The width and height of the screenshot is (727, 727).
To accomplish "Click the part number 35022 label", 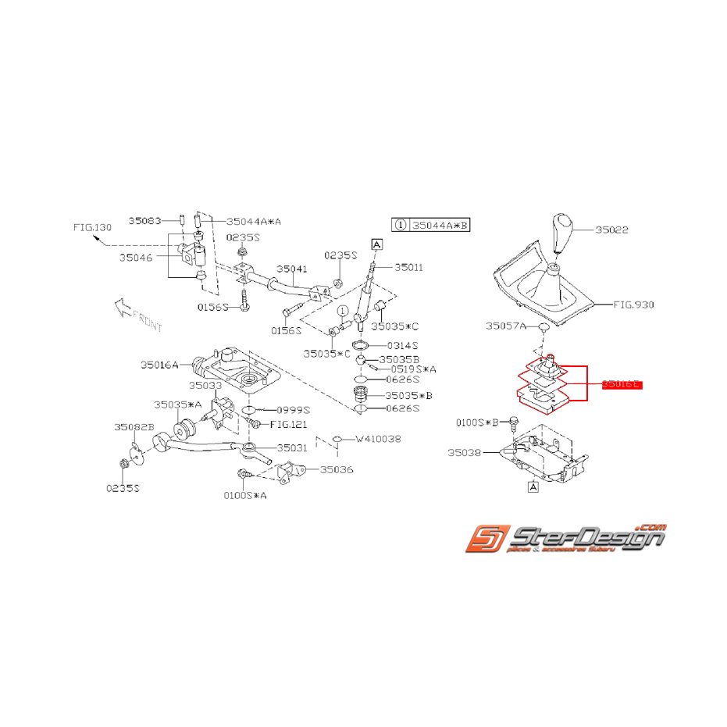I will point(611,230).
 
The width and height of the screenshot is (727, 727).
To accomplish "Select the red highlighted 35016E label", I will point(622,385).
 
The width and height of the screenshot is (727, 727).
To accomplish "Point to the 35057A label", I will point(506,326).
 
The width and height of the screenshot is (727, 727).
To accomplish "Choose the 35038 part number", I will point(467,452).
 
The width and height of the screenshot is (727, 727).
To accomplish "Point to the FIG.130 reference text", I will point(93,227).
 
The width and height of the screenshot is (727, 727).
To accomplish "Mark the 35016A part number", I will point(160,364).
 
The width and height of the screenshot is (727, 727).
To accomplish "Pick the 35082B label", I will point(134,427).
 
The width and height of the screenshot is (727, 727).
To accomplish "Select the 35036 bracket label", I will point(337,470).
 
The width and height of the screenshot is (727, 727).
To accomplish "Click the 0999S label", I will point(294,409).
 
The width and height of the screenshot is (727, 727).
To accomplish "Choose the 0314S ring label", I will point(403,344).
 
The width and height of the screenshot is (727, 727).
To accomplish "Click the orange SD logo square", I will point(488,540).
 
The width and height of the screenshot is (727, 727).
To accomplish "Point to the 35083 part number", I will point(145,221).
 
